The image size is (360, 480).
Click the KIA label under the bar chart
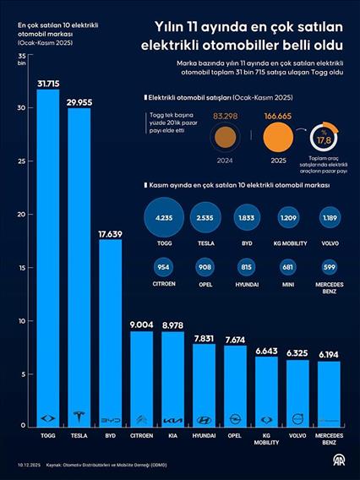click(172, 435)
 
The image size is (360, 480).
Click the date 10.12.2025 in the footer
click(25, 464)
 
